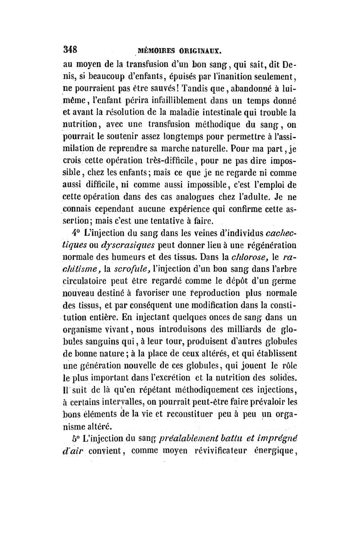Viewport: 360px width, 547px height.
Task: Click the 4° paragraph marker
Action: [x=74, y=233]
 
